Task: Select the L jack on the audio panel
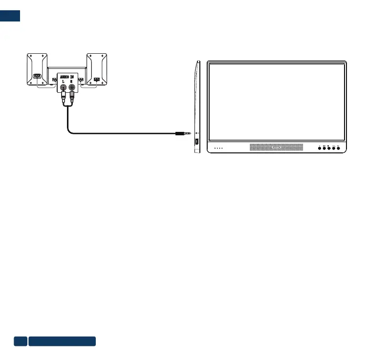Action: pyautogui.click(x=63, y=88)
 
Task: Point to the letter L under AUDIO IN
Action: pyautogui.click(x=63, y=82)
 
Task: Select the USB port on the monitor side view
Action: pyautogui.click(x=196, y=142)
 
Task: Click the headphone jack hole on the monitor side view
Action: pyautogui.click(x=196, y=133)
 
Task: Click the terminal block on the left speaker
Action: pyautogui.click(x=37, y=76)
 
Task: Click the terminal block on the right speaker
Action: pyautogui.click(x=97, y=79)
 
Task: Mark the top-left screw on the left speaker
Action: pyautogui.click(x=30, y=56)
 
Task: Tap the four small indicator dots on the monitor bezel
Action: pyautogui.click(x=217, y=148)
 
